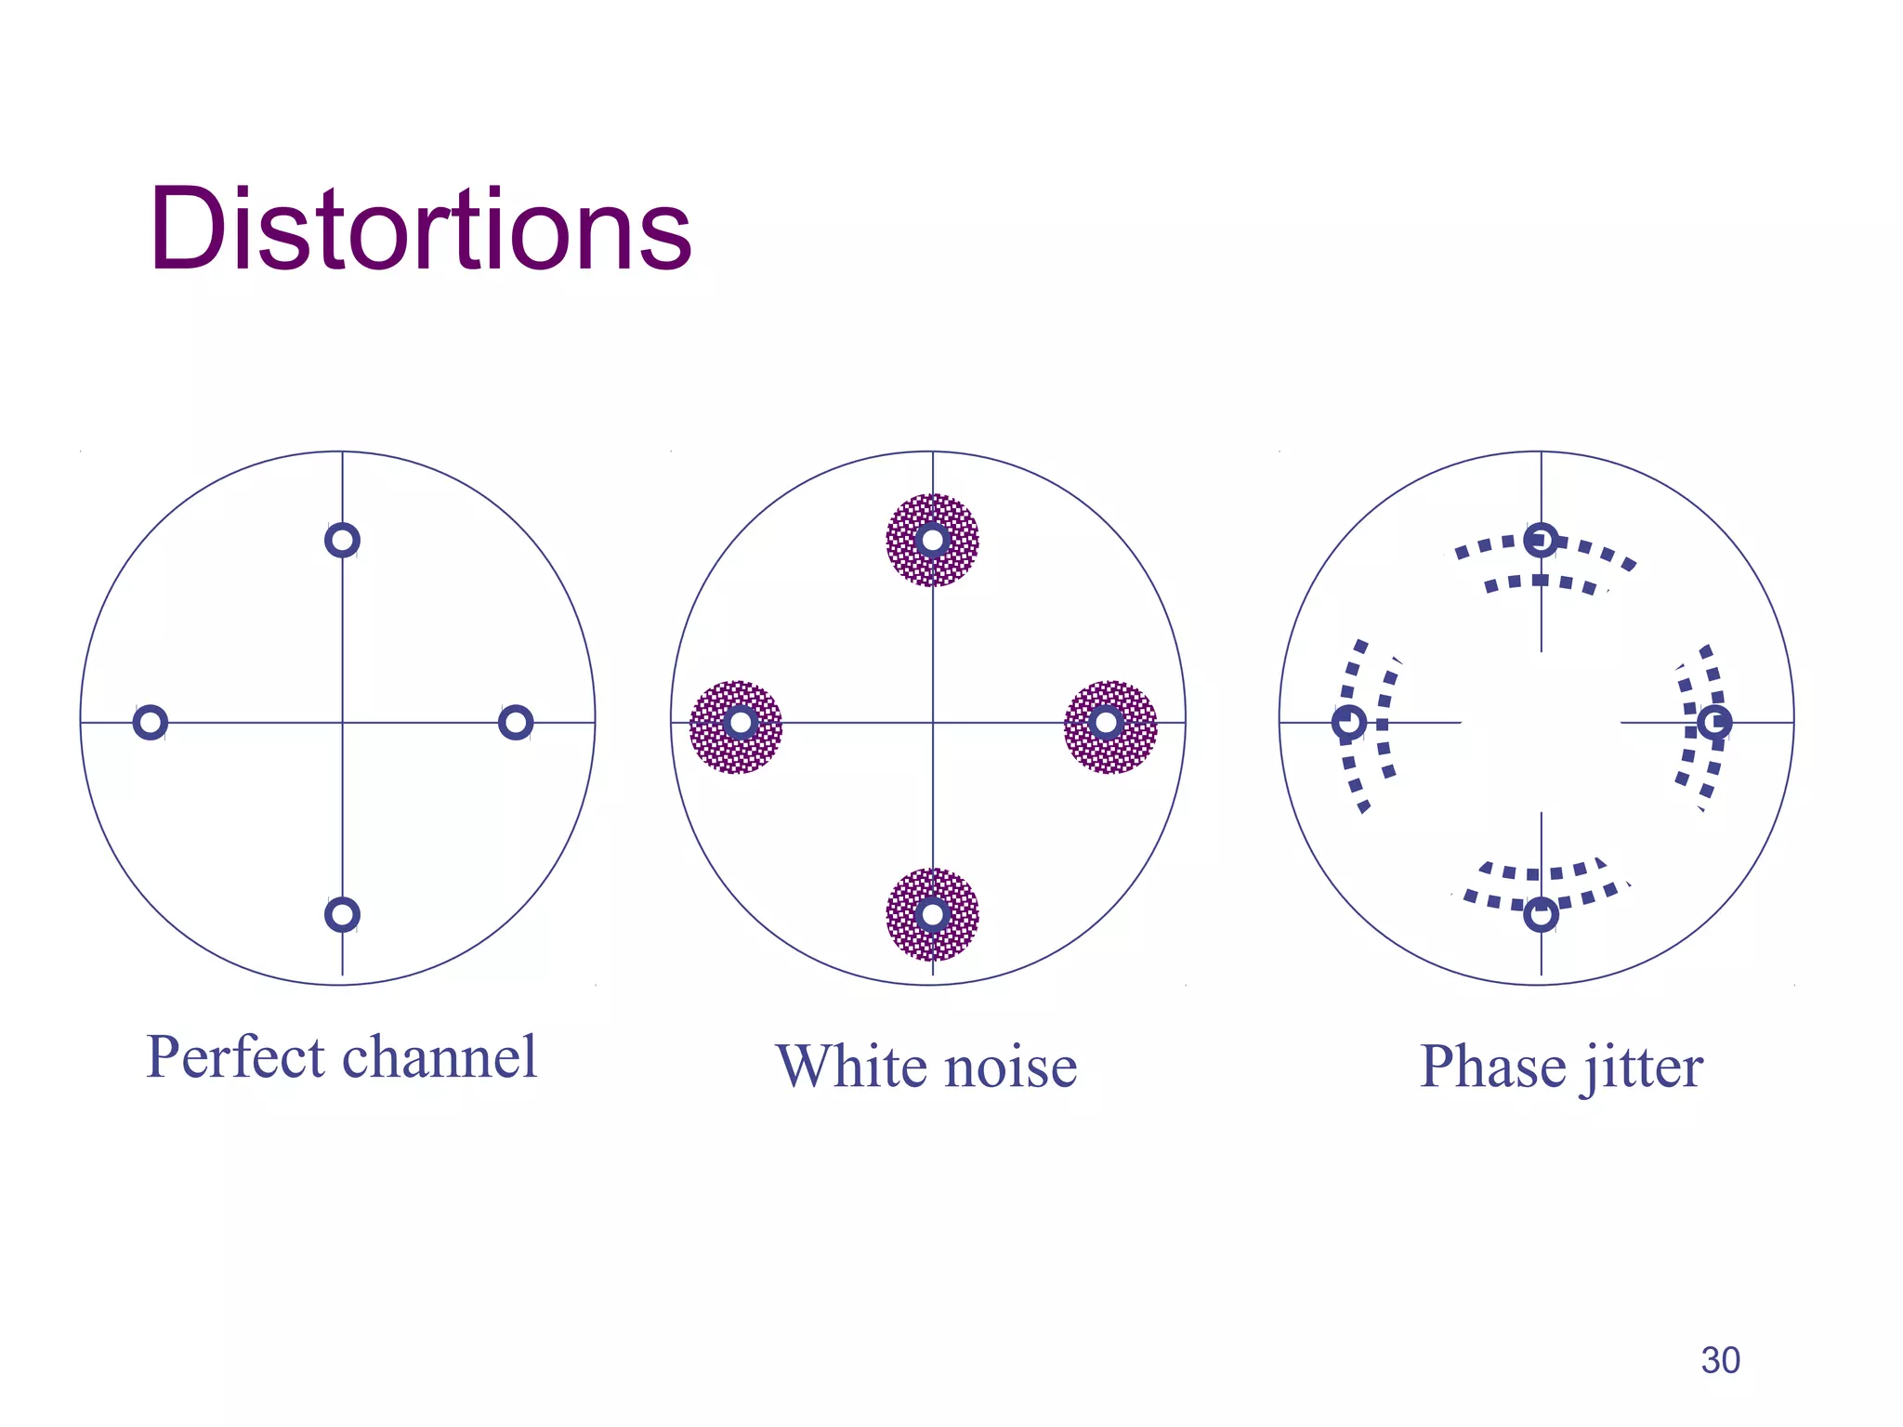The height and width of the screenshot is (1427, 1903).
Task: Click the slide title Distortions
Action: point(420,229)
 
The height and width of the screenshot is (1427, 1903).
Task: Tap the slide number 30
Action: point(1720,1360)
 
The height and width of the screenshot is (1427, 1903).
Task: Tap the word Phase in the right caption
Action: point(1492,1067)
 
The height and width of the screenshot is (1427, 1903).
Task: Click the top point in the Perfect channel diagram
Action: point(342,540)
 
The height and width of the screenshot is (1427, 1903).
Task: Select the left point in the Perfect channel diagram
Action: point(150,722)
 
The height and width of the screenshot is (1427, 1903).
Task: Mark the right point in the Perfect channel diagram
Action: point(516,722)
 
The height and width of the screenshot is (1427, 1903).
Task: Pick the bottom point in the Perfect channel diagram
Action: point(342,914)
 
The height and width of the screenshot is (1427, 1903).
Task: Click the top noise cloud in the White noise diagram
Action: point(933,540)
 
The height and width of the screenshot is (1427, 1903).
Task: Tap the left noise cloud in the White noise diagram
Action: point(736,727)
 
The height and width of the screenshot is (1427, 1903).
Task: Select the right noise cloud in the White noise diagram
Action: point(1110,727)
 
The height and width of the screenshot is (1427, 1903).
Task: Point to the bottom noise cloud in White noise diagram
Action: point(933,915)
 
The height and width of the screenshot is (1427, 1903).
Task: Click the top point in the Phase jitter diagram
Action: point(1541,540)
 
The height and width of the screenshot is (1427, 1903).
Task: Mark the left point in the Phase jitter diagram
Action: point(1349,722)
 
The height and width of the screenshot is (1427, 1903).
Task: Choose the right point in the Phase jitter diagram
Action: point(1714,722)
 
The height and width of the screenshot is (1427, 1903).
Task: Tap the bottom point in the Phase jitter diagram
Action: point(1541,915)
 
